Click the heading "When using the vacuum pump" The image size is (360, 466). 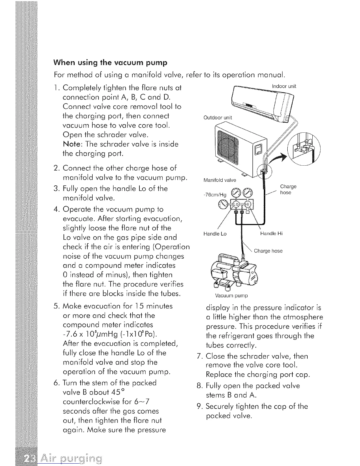pyautogui.click(x=110, y=63)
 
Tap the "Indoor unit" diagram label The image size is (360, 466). pyautogui.click(x=284, y=86)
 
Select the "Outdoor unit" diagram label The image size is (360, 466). pyautogui.click(x=218, y=118)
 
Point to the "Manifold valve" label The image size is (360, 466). pyautogui.click(x=220, y=180)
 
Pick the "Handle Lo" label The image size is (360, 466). pyautogui.click(x=215, y=234)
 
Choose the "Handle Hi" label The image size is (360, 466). pyautogui.click(x=271, y=234)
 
